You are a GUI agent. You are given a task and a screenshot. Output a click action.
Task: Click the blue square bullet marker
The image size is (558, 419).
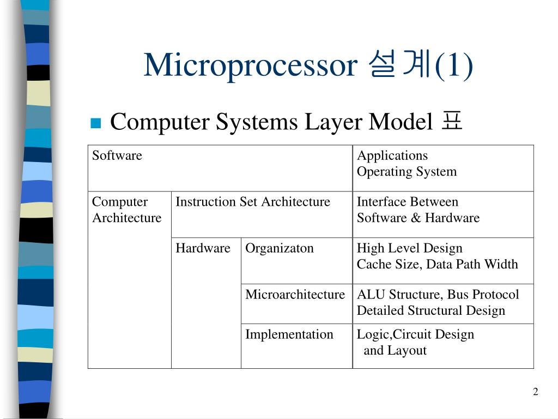pyautogui.click(x=96, y=123)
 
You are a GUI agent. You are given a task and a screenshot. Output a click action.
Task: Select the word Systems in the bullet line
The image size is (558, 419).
pyautogui.click(x=256, y=122)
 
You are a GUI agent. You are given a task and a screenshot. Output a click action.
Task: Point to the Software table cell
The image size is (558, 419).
pyautogui.click(x=117, y=155)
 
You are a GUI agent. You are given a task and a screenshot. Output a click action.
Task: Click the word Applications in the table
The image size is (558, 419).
pyautogui.click(x=392, y=155)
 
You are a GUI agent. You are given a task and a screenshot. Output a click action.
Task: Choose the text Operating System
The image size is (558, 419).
pyautogui.click(x=407, y=172)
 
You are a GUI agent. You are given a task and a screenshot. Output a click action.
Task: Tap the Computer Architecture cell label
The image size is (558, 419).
pyautogui.click(x=126, y=210)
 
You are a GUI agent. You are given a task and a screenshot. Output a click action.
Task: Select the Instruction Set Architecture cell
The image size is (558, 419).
pyautogui.click(x=253, y=202)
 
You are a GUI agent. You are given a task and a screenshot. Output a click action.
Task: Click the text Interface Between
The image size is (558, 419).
pyautogui.click(x=407, y=202)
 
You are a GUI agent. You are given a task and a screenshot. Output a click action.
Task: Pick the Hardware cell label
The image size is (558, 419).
pyautogui.click(x=203, y=248)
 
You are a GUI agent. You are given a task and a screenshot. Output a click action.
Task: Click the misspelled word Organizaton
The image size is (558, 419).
pyautogui.click(x=280, y=248)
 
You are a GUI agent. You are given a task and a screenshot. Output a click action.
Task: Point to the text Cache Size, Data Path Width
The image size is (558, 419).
pyautogui.click(x=437, y=265)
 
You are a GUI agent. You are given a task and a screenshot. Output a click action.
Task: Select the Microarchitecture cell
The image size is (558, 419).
pyautogui.click(x=295, y=295)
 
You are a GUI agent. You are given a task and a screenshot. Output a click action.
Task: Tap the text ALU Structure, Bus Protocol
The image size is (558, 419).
pyautogui.click(x=438, y=295)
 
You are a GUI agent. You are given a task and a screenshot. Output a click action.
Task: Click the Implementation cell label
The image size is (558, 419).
pyautogui.click(x=289, y=334)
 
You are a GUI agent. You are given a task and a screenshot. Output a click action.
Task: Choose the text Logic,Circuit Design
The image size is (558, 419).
pyautogui.click(x=415, y=334)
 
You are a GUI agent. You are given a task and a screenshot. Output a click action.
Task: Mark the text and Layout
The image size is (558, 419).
pyautogui.click(x=395, y=351)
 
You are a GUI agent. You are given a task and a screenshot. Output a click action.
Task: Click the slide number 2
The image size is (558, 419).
pyautogui.click(x=535, y=392)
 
